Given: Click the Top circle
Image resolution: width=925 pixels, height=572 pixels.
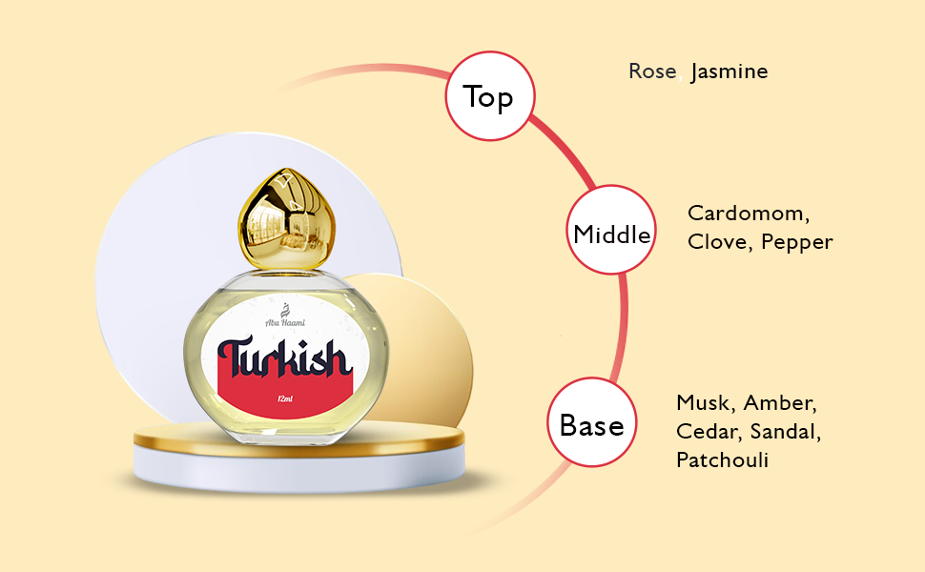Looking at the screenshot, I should tap(490, 96).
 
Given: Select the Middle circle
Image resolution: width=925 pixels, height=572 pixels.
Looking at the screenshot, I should tap(611, 234).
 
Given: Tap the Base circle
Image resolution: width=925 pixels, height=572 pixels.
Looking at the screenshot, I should tap(591, 424).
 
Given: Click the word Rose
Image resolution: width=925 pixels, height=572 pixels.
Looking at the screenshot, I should tap(652, 71).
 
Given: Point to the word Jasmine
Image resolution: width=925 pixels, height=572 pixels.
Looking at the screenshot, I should tap(730, 71).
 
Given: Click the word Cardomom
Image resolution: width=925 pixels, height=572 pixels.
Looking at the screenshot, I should tap(747, 214).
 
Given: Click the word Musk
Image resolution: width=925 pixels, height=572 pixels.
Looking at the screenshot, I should tap(706, 402).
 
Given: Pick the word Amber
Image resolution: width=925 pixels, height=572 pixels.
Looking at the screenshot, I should tap(780, 402).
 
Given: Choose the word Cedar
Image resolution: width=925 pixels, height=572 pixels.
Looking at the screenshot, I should tap(706, 431).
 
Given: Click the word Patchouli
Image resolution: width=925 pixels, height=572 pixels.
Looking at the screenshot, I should tap(722, 460).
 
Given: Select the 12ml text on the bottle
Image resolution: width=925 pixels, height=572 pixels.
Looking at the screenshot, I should tap(283, 398).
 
